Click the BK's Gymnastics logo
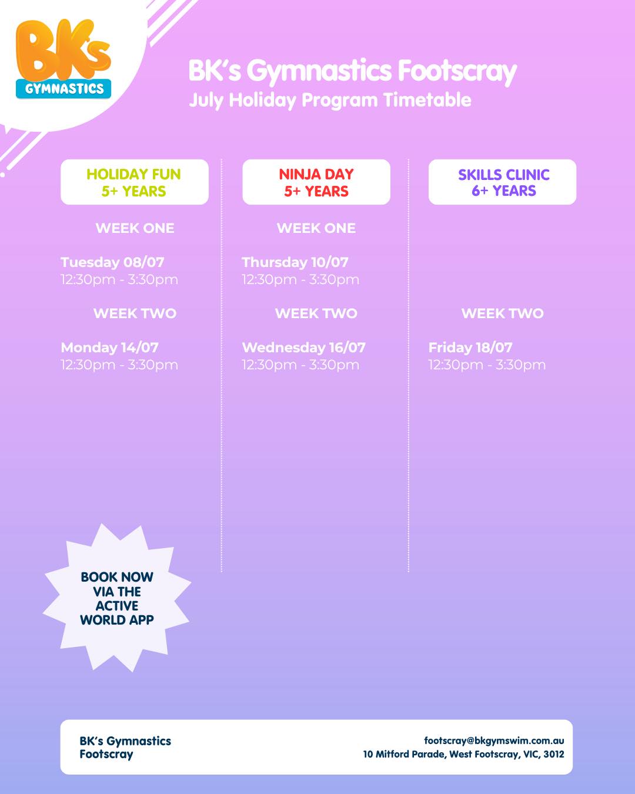click(x=63, y=59)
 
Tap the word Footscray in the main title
click(x=457, y=72)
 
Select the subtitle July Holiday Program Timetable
click(x=330, y=100)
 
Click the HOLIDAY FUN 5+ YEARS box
click(x=134, y=182)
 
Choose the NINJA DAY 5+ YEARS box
click(x=316, y=182)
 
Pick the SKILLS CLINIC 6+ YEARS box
click(x=502, y=182)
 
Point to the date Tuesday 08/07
click(x=112, y=262)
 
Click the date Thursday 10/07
click(x=295, y=262)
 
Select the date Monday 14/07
click(x=109, y=348)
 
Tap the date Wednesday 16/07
click(x=303, y=348)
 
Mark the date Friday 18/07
click(x=470, y=348)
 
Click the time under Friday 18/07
click(x=487, y=365)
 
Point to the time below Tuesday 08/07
click(x=119, y=280)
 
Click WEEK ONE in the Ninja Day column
click(x=316, y=228)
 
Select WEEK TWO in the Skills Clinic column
click(x=502, y=313)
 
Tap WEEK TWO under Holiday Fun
click(x=135, y=313)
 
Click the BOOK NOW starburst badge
click(x=116, y=598)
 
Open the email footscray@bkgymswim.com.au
click(x=494, y=740)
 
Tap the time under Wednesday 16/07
click(x=300, y=365)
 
